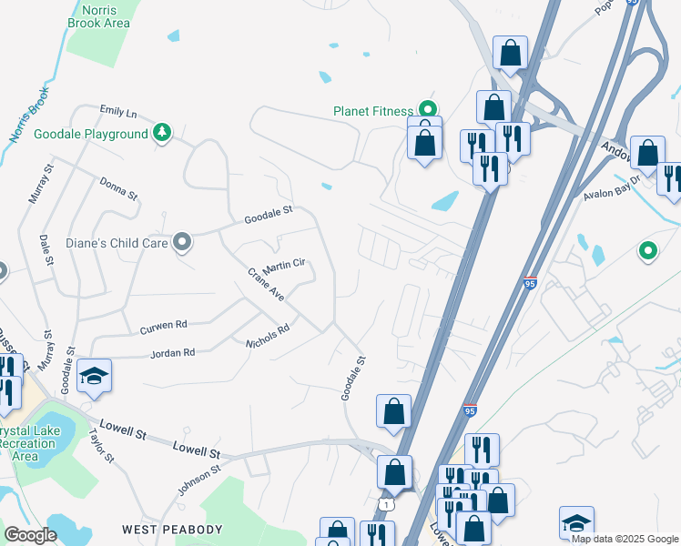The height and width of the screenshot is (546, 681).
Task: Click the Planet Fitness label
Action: pos(373,111)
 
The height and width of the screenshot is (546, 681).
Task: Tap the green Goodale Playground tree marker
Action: pos(162,134)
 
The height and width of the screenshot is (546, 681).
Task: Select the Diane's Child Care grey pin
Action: pos(182,243)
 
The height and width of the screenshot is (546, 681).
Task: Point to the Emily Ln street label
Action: pos(117,113)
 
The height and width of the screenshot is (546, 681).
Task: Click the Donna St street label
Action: pos(118,187)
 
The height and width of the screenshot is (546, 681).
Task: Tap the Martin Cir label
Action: pos(283,267)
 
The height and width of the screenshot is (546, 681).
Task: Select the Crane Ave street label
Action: pos(267,285)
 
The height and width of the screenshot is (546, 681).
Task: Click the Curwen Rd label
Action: pos(163,325)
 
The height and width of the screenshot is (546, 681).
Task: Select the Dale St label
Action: pos(44,248)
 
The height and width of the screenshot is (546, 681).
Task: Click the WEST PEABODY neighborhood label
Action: pos(173,529)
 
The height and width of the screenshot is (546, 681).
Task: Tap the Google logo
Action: pos(30,534)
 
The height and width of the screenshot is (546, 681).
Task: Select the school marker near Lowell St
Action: pos(94,376)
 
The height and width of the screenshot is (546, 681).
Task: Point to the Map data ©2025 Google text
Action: pos(624,539)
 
